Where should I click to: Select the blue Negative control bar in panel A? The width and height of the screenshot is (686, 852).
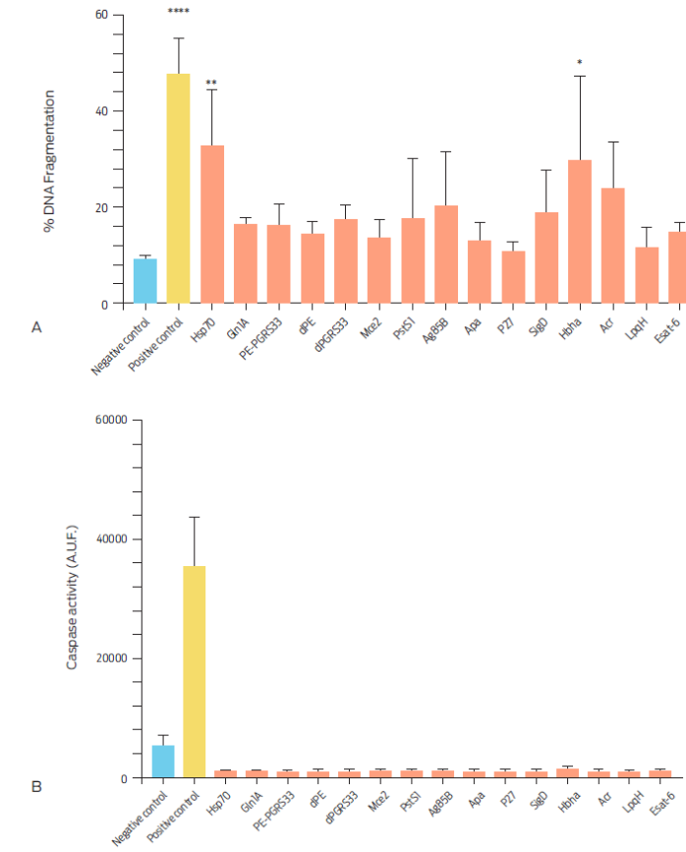point(144,281)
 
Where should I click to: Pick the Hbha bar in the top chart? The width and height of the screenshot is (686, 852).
point(580,232)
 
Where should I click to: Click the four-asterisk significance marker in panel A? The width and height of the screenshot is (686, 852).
point(179,12)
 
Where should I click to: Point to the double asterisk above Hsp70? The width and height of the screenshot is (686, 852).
point(211,83)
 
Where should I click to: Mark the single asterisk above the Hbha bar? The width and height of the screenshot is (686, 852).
point(580,64)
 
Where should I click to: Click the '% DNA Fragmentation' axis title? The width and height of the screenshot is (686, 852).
point(47,161)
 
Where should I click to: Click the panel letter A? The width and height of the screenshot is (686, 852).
point(36,326)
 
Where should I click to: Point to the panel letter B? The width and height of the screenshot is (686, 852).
point(36,787)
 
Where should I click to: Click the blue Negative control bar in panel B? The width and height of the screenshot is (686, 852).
point(163,762)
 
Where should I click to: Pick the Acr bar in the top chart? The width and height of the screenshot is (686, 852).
point(613,246)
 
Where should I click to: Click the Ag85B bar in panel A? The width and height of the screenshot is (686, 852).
point(446,255)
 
